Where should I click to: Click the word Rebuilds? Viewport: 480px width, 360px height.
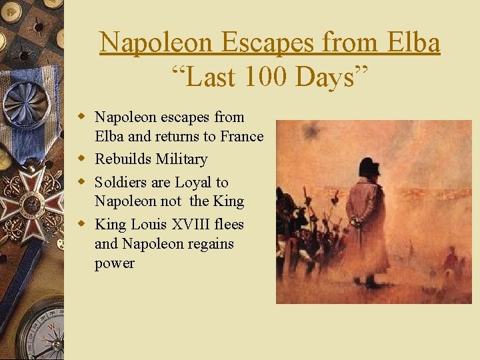pyautogui.click(x=123, y=159)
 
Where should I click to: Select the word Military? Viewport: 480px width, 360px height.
pyautogui.click(x=181, y=159)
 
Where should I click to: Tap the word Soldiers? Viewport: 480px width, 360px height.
pyautogui.click(x=119, y=182)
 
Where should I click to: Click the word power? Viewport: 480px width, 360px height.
pyautogui.click(x=115, y=263)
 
